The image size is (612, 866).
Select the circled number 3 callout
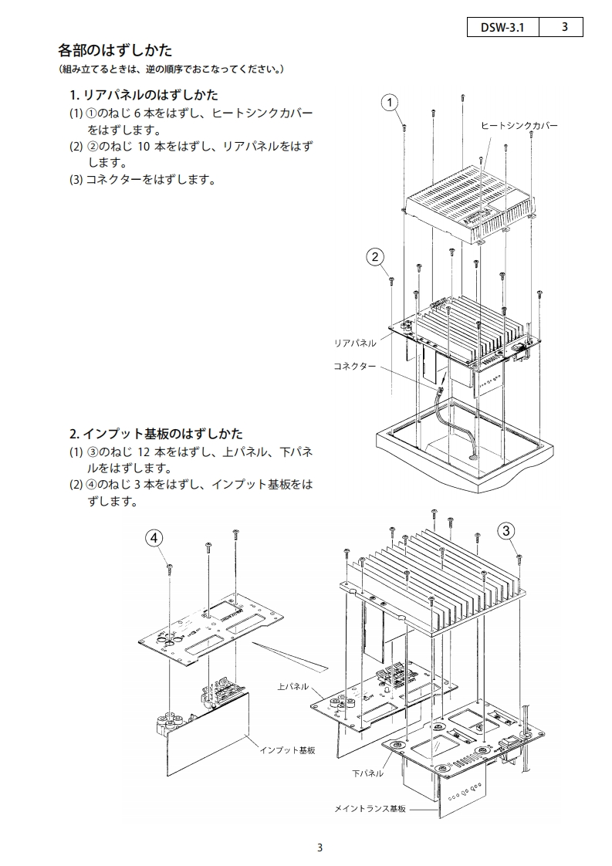[506, 530]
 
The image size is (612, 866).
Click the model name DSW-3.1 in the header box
[502, 27]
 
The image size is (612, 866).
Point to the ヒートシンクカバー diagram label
[519, 125]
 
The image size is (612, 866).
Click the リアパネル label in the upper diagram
[354, 342]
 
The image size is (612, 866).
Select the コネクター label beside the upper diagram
[354, 366]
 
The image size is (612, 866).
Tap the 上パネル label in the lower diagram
[292, 685]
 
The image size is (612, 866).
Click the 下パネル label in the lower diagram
[367, 773]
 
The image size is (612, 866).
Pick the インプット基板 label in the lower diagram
[288, 749]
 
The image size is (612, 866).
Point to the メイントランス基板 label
[369, 809]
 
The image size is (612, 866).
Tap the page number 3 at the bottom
[320, 847]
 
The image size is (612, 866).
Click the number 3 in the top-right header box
[565, 27]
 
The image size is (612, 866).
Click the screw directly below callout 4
[169, 570]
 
